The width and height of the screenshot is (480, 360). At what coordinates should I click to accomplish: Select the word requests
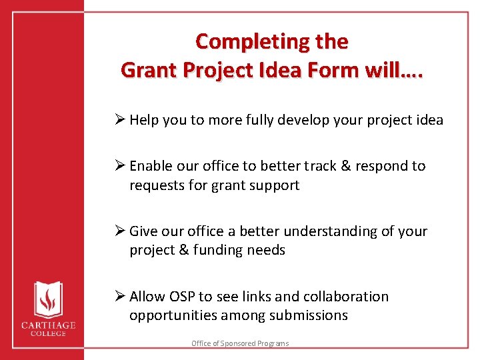click(x=158, y=185)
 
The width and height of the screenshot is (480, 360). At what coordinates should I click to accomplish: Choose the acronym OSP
click(x=181, y=297)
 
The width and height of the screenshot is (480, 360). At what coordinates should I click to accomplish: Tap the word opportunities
click(x=171, y=316)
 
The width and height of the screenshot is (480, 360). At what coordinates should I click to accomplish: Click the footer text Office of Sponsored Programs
click(x=240, y=343)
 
